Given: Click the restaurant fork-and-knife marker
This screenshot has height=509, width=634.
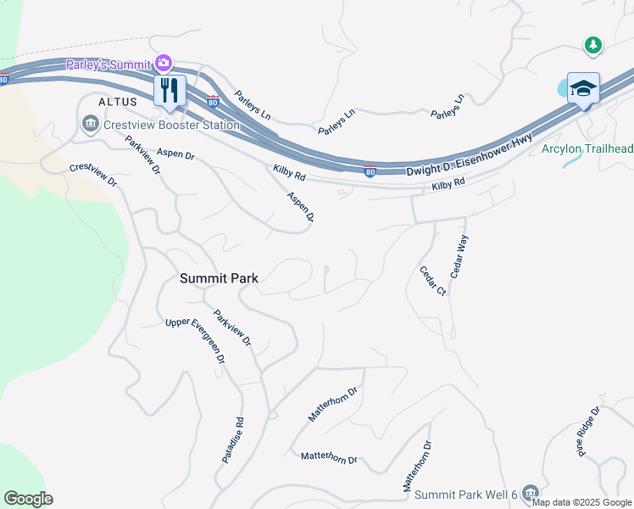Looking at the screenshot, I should (x=170, y=90).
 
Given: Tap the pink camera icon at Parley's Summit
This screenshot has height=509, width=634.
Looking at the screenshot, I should (x=163, y=63).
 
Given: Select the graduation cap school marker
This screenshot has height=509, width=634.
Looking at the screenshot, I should (x=583, y=88).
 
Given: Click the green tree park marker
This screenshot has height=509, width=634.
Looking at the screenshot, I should (x=594, y=44).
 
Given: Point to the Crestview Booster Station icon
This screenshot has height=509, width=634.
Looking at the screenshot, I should (x=90, y=126).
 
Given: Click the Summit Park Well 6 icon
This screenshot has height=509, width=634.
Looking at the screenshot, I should (x=531, y=492).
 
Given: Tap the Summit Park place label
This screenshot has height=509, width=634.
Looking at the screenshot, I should (x=219, y=277).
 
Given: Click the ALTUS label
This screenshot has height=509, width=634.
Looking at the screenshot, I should (x=117, y=101).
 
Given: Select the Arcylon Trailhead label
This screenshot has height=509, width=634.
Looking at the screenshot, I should (x=587, y=149).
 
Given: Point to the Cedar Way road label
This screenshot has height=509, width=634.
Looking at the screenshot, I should (x=459, y=258).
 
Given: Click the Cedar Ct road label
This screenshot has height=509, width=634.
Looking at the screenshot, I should (x=432, y=281).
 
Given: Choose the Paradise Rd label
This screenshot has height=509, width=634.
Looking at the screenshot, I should (x=233, y=439).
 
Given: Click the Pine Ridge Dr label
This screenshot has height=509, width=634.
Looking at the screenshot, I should (x=589, y=432).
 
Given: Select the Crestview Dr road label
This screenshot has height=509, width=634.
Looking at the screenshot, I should (x=93, y=175).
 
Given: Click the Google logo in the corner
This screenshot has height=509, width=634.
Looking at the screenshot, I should (x=28, y=499).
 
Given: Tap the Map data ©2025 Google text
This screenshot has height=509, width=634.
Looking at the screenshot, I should (x=581, y=502).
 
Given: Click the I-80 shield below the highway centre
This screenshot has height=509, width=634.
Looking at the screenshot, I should (x=370, y=171).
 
